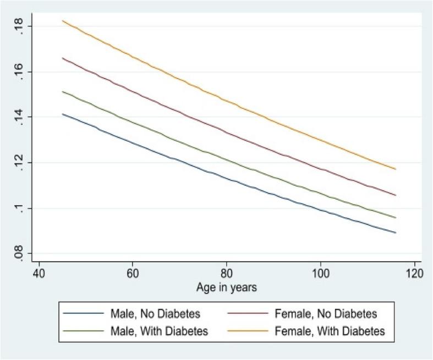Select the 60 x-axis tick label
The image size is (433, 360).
[133, 273]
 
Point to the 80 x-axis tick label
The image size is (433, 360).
[227, 273]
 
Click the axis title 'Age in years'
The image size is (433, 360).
[227, 287]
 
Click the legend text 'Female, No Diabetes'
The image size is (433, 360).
[325, 314]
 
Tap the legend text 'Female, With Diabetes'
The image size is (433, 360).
[328, 331]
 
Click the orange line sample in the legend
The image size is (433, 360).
[255, 331]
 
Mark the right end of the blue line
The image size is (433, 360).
[396, 232]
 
